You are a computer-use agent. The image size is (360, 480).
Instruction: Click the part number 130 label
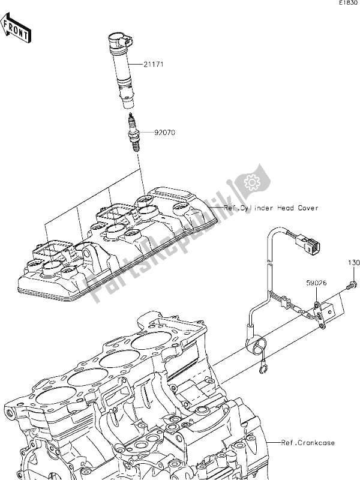[x=353, y=263]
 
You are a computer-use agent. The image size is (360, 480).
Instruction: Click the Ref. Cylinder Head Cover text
[x=271, y=208]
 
